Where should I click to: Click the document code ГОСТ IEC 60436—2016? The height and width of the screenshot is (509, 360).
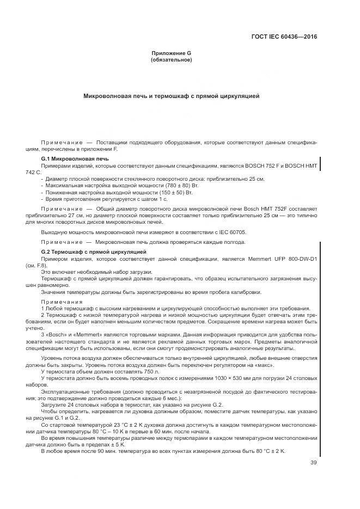point(284,38)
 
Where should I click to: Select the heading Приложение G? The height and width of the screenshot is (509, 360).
point(171,53)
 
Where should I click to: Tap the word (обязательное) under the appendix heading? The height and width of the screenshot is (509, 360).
point(171,60)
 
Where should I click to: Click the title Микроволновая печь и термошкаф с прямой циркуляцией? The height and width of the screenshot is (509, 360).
point(171,96)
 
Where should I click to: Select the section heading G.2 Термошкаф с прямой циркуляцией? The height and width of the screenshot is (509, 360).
point(94,252)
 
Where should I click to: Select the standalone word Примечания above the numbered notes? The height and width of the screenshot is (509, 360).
point(60,301)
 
